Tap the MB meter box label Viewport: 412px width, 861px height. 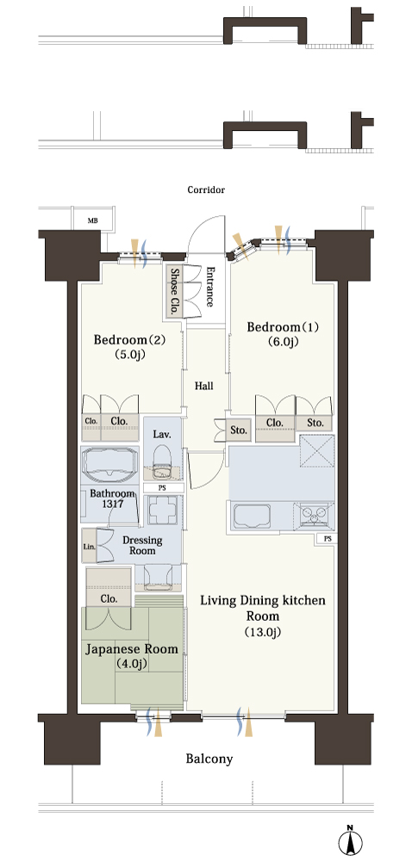[93, 221]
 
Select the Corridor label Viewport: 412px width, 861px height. [206, 190]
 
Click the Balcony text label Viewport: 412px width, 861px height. [209, 759]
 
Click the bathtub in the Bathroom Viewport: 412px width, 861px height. [109, 464]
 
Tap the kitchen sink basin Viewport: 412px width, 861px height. [253, 516]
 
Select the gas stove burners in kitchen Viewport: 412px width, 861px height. [315, 516]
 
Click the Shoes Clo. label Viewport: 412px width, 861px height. [175, 291]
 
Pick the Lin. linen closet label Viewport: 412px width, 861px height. [89, 547]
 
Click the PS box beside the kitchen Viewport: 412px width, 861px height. [328, 539]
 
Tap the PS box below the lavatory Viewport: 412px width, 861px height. [163, 487]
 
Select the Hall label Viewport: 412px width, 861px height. [204, 386]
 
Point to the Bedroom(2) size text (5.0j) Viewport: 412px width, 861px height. [129, 354]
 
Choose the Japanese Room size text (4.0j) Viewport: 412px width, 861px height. [131, 663]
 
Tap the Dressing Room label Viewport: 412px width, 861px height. [142, 545]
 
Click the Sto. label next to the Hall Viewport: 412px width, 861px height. [239, 430]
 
